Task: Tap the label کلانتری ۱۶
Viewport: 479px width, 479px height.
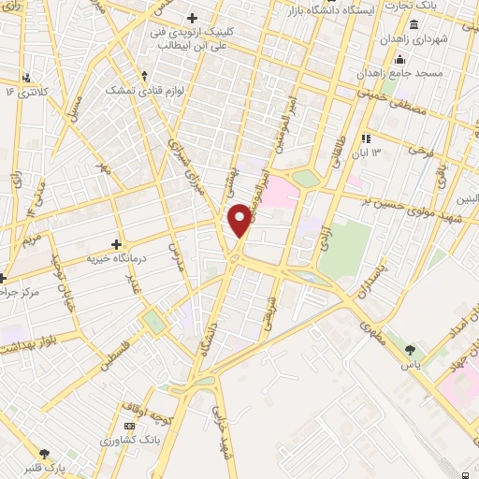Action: click(x=25, y=92)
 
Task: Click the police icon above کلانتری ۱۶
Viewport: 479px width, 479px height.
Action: click(x=26, y=77)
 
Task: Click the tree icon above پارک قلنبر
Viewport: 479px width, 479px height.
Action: click(x=47, y=454)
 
